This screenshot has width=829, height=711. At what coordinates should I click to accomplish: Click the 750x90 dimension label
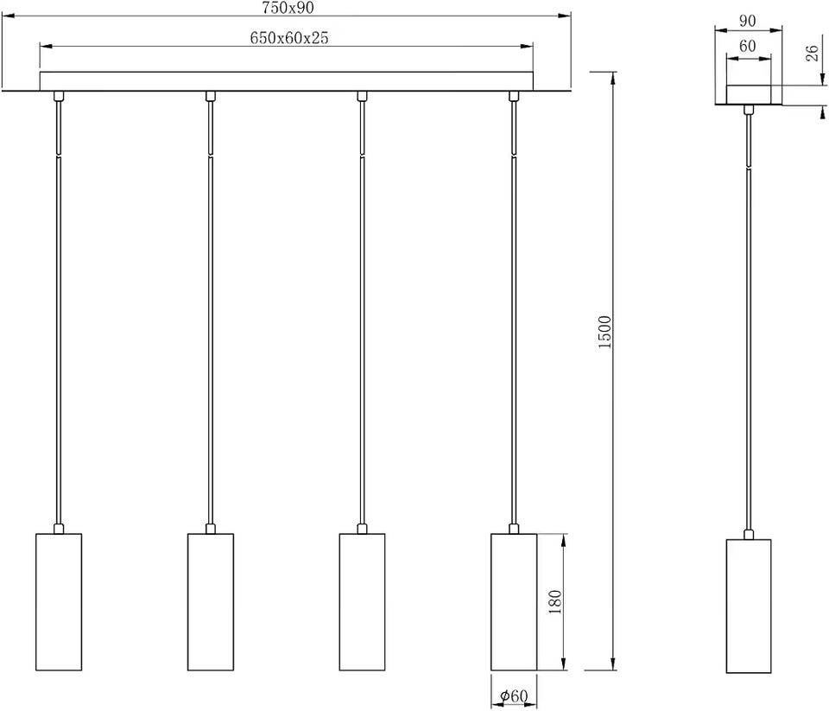(288, 8)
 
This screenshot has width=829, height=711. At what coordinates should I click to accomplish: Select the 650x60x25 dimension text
(288, 37)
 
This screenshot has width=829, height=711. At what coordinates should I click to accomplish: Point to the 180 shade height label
(554, 601)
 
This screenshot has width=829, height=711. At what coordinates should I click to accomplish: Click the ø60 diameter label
(513, 696)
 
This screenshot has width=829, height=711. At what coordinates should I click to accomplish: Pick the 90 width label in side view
(747, 21)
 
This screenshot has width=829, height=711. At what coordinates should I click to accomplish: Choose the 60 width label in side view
(747, 46)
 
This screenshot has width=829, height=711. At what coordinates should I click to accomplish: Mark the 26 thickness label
(812, 53)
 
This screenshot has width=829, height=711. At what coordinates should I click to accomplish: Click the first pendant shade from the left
(59, 601)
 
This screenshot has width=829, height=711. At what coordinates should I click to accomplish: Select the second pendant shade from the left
(211, 601)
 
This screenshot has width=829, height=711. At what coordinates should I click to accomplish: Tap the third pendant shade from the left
(362, 601)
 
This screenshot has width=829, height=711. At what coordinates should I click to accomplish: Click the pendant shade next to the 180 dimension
(514, 601)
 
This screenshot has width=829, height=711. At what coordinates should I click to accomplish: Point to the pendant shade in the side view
(748, 606)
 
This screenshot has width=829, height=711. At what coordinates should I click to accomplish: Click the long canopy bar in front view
(286, 81)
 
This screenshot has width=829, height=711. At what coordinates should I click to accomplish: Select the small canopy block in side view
(748, 95)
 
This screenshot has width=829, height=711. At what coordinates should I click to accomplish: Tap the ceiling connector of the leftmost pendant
(59, 96)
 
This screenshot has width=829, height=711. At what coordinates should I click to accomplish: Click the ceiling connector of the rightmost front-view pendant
(513, 96)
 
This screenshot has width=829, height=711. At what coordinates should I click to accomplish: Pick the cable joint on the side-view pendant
(748, 168)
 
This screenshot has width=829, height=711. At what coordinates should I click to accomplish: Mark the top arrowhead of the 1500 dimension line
(613, 77)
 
